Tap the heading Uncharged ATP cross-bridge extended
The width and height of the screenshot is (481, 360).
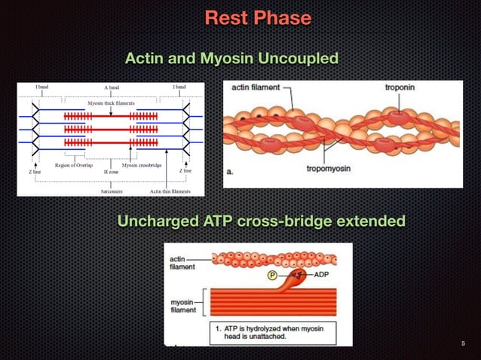click(261, 221)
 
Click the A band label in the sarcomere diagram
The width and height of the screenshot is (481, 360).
click(112, 87)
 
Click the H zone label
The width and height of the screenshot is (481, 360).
click(110, 171)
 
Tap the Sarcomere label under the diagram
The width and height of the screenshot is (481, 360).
click(112, 191)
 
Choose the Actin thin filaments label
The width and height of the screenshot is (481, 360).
click(170, 191)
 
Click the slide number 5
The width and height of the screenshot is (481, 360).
click(464, 344)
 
